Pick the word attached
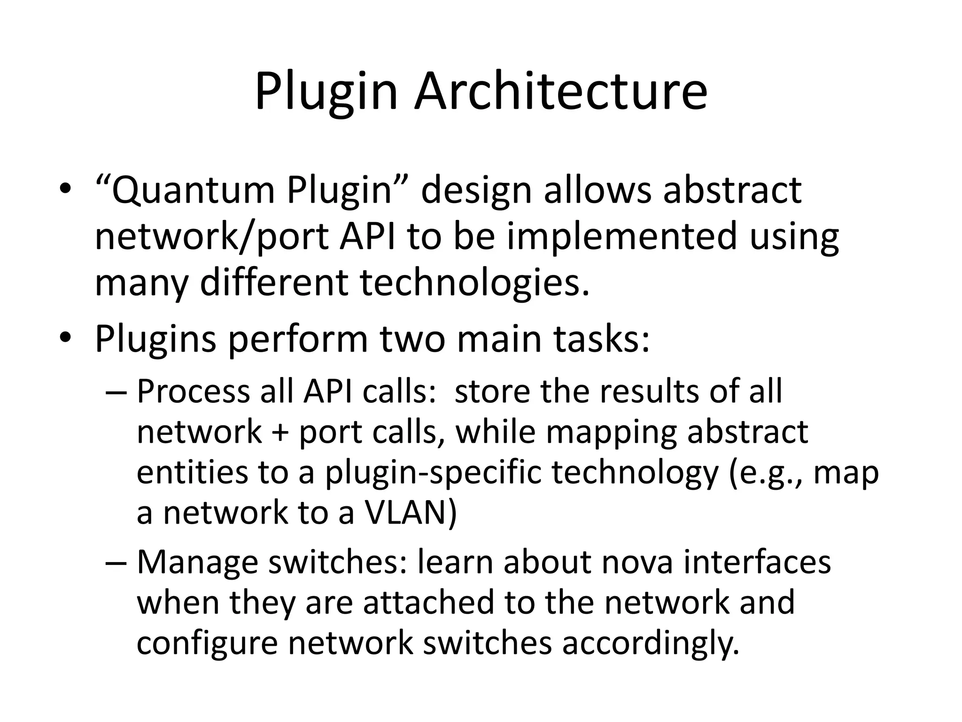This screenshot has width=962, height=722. point(429,603)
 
